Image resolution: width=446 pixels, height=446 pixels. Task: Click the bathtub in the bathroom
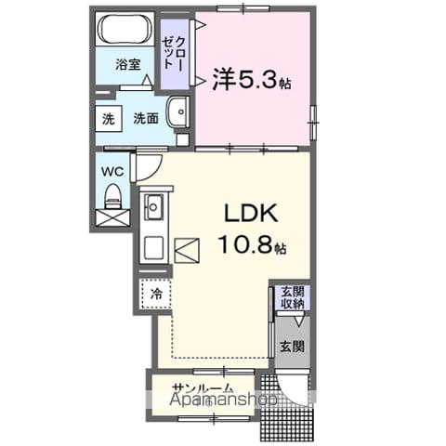tap(125, 29)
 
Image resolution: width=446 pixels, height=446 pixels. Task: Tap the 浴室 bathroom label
tap(127, 65)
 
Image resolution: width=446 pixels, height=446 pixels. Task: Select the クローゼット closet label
tap(174, 54)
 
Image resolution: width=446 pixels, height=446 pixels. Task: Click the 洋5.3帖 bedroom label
tap(251, 81)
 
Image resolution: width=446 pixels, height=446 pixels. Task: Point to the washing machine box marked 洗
tap(108, 118)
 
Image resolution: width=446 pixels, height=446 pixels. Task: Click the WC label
tap(112, 171)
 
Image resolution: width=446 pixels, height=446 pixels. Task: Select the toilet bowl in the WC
tap(112, 196)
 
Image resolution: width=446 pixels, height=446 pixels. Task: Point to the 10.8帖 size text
tap(253, 247)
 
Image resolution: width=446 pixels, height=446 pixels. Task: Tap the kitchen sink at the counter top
tap(152, 207)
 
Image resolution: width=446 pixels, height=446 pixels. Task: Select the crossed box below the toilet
tap(112, 219)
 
